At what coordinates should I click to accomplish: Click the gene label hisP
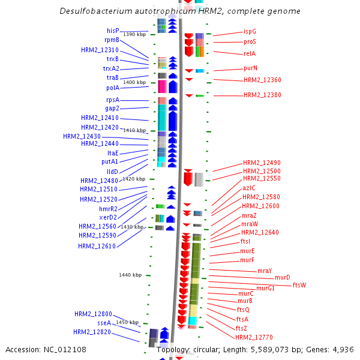(113, 31)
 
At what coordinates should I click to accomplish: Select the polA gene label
(112, 88)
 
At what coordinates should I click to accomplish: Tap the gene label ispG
(250, 31)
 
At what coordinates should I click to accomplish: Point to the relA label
(250, 53)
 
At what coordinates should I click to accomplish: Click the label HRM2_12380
(262, 95)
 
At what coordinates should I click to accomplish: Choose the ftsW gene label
(299, 285)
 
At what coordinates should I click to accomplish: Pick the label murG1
(265, 289)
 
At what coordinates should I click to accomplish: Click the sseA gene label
(104, 323)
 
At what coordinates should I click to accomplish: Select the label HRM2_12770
(254, 338)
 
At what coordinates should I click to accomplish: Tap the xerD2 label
(109, 217)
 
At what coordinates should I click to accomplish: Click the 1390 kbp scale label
(134, 34)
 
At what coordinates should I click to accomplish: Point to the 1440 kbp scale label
(130, 275)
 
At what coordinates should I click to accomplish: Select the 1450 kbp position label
(127, 322)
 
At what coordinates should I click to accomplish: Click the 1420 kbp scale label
(134, 179)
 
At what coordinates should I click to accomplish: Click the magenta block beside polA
(161, 86)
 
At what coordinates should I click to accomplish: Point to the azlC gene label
(249, 188)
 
